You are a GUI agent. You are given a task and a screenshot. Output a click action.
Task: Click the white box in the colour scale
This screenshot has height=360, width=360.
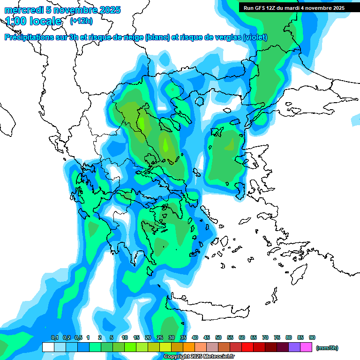[48, 347]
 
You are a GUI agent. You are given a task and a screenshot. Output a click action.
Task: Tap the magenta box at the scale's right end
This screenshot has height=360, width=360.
[306, 347]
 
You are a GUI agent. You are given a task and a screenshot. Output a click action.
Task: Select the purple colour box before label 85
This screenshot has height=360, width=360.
[294, 347]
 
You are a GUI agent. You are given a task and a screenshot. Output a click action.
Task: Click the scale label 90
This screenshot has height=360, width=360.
[312, 338]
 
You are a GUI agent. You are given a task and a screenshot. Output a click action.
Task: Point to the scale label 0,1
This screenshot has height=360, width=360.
[54, 338]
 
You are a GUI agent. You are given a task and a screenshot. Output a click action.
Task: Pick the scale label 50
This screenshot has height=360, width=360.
[218, 338]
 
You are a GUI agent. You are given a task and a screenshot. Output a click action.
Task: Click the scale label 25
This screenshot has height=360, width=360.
[160, 338]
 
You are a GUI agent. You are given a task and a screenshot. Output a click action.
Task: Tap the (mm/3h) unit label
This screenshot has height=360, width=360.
[327, 348]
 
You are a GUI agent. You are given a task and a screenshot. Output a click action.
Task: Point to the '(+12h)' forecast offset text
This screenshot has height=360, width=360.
[81, 21]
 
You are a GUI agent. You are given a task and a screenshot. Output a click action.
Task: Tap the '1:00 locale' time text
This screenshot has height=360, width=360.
[33, 21]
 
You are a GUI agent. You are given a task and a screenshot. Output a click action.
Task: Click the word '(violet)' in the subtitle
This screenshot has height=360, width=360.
[255, 37]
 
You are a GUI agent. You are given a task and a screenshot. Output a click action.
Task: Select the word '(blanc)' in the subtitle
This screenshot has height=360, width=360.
[157, 37]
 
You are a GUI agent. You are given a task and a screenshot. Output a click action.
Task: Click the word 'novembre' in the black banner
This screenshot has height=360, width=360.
[316, 7]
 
